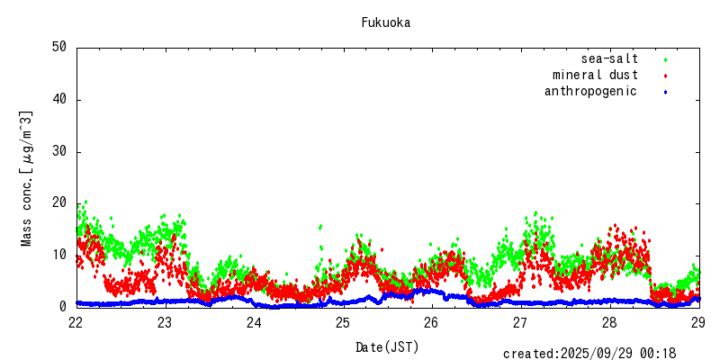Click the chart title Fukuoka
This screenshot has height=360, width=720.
coord(386,22)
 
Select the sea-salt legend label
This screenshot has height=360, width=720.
coord(609,59)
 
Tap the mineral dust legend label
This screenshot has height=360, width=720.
coord(595,76)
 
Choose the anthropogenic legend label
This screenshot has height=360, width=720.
coord(590,91)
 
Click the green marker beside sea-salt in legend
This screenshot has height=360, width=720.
coord(665,59)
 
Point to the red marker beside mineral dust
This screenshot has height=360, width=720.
coord(665,76)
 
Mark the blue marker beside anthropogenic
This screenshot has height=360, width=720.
coord(665,92)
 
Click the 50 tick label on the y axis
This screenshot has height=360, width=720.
coord(58,47)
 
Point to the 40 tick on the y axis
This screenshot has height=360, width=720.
coord(58,99)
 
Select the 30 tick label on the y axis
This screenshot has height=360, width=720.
coord(58,151)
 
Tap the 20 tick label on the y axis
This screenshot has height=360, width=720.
coord(58,203)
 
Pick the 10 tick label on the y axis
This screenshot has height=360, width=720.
coord(58,255)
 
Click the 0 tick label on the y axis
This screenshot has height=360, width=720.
coord(62,307)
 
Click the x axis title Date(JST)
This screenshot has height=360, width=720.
coord(387,346)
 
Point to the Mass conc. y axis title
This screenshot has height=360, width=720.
coord(27,178)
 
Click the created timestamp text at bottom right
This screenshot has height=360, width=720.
coord(589,354)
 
